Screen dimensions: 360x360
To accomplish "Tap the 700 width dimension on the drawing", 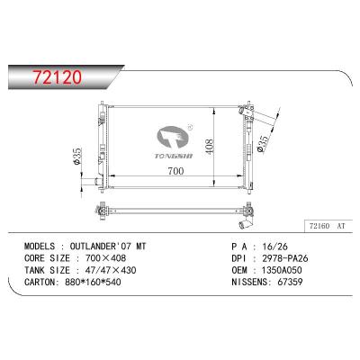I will coord(176,171).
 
